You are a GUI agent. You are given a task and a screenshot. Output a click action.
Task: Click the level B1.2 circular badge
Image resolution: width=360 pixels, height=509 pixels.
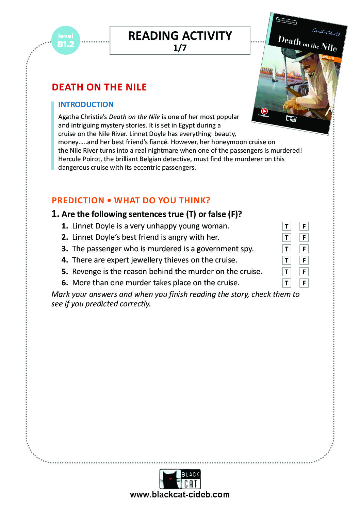[66, 40]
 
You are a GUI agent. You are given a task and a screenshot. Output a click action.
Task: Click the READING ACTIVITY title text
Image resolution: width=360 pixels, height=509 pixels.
[180, 36]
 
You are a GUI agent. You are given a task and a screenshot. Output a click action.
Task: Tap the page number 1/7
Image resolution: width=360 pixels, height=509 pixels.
[180, 48]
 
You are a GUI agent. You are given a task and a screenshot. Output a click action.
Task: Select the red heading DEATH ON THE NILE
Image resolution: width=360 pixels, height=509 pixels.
[99, 87]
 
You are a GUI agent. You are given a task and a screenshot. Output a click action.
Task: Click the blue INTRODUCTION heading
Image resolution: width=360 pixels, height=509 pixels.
[86, 104]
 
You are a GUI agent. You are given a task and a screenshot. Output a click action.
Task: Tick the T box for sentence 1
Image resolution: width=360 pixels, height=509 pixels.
[287, 226]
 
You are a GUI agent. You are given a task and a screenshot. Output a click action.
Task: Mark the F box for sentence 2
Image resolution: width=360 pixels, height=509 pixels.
[304, 237]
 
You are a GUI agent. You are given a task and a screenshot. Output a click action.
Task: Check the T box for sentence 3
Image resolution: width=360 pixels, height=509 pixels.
[287, 249]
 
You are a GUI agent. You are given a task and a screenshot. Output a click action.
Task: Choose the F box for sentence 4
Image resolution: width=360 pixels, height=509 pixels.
[304, 260]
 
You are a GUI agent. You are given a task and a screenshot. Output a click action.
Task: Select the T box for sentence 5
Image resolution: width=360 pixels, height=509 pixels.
[287, 272]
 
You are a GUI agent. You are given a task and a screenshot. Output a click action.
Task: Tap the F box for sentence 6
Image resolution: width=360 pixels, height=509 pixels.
[304, 283]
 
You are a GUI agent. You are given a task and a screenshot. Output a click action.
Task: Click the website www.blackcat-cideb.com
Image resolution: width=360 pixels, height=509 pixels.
[180, 495]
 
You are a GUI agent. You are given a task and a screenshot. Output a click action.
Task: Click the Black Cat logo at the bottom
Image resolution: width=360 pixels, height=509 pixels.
[180, 479]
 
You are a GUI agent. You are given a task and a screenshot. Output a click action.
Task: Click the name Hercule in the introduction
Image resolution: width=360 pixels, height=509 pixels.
[69, 159]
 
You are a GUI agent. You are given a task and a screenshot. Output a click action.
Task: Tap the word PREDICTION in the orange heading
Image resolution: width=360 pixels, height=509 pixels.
[78, 200]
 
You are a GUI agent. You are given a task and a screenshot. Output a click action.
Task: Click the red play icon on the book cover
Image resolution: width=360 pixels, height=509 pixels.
[264, 111]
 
